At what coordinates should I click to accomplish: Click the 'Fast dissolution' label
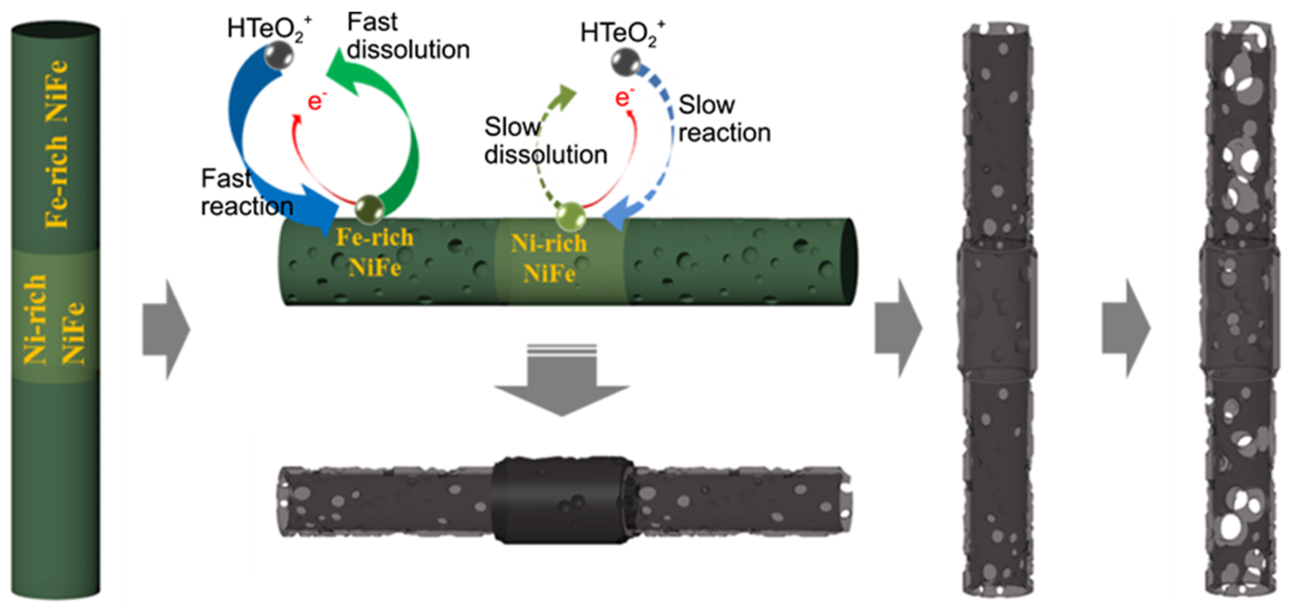coord(408,36)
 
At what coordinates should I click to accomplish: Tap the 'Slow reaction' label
coord(723,119)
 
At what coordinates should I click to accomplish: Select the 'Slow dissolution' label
coord(545,141)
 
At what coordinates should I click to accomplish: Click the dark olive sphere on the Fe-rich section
coord(370,209)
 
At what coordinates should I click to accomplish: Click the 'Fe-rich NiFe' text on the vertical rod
coord(56,144)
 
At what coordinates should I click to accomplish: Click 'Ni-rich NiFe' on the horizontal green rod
coord(549,258)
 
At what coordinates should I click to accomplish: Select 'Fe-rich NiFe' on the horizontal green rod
coord(375,252)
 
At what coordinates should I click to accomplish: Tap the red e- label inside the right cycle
coord(624,97)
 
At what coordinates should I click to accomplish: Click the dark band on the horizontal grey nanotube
coord(563,499)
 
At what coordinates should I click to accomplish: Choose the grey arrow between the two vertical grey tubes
coord(1126,328)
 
